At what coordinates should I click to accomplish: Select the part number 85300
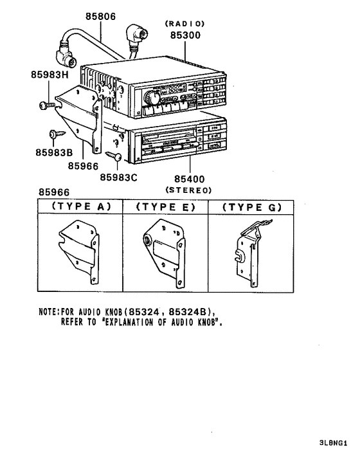tap(186, 35)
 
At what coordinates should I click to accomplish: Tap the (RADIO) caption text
tap(186, 23)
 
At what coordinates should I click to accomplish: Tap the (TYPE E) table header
tap(165, 207)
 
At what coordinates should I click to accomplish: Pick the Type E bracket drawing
tap(165, 252)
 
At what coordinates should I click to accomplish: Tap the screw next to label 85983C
tap(116, 156)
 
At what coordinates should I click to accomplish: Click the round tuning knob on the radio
tap(152, 98)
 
